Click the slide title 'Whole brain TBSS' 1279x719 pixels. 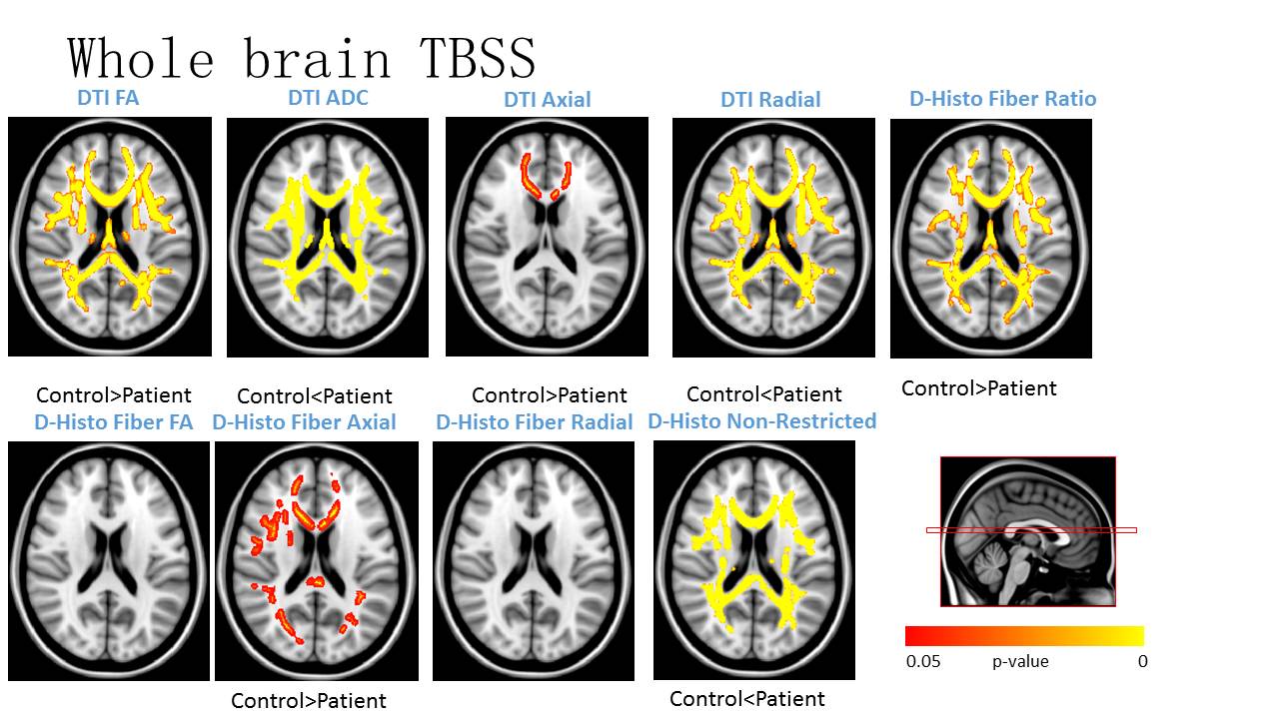click(302, 58)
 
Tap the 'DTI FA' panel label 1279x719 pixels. click(108, 98)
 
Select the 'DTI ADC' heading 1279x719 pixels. click(328, 98)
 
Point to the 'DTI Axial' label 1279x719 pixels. click(547, 100)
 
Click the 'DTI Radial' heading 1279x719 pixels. click(770, 100)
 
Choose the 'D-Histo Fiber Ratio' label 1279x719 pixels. click(1002, 99)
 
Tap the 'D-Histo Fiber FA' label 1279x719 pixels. click(113, 421)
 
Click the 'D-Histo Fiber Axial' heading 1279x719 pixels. click(304, 422)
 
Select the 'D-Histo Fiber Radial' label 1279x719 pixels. click(535, 422)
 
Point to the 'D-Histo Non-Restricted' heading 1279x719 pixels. click(761, 421)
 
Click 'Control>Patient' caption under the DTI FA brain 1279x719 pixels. click(113, 395)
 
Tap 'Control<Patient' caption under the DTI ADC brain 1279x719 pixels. click(315, 396)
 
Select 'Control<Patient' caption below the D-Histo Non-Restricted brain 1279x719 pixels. click(747, 699)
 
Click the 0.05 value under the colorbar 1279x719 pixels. click(923, 661)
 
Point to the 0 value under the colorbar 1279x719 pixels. click(1142, 661)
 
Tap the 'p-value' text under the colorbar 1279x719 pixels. click(1020, 661)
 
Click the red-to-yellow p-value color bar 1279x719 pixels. click(1024, 636)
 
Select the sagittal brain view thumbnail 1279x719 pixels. click(1027, 531)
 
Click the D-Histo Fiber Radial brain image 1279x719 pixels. click(534, 561)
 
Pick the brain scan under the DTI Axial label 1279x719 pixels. click(547, 236)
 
